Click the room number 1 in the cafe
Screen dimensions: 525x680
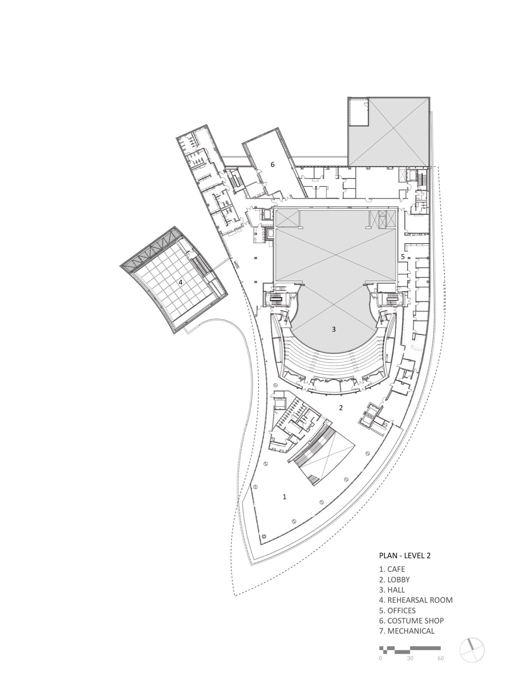(x=284, y=497)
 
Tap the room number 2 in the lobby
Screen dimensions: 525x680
(x=341, y=408)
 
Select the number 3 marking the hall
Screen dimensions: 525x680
(x=334, y=329)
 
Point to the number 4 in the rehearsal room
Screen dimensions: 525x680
(x=181, y=282)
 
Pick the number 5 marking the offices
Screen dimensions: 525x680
(x=403, y=257)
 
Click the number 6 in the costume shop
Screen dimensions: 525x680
(x=273, y=165)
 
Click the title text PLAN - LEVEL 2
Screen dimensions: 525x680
(x=405, y=556)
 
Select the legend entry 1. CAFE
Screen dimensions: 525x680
(x=392, y=569)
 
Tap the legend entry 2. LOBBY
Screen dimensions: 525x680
(x=395, y=579)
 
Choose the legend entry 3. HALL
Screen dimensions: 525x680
(x=392, y=590)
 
